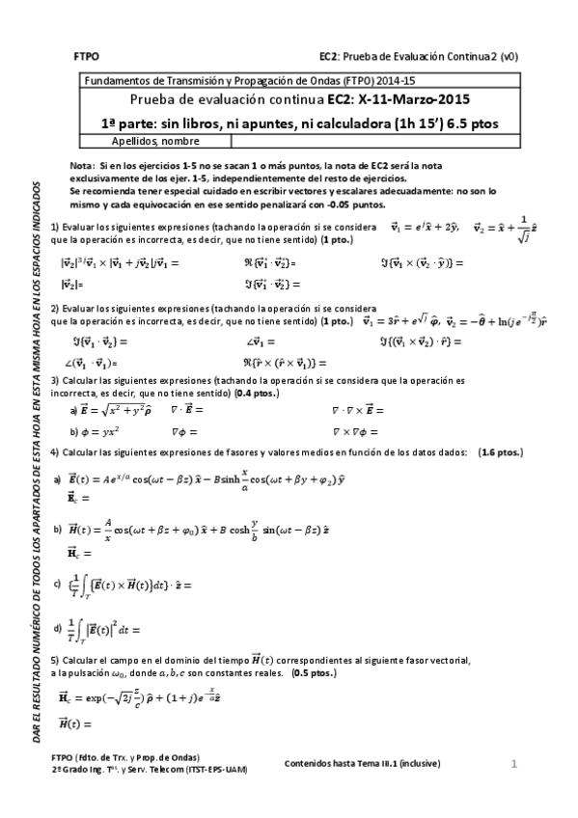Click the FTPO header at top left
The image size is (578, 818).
(86, 57)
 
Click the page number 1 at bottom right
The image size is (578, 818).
(514, 764)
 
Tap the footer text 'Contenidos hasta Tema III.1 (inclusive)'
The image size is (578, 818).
(362, 763)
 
